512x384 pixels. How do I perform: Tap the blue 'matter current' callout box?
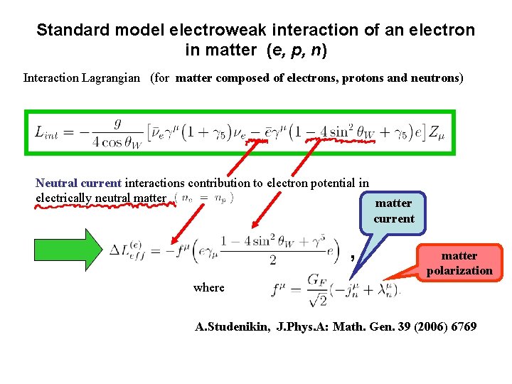(x=393, y=210)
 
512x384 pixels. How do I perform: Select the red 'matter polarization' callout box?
(x=459, y=262)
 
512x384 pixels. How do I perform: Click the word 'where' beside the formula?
(x=208, y=287)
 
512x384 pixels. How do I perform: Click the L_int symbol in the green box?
(x=49, y=132)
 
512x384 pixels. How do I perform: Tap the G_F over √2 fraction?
(x=316, y=288)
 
